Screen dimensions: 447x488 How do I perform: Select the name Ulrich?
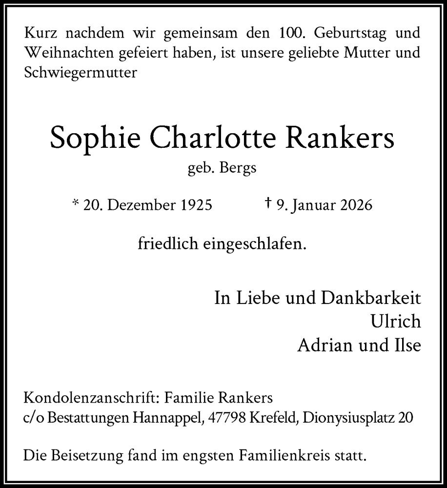click(x=396, y=322)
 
